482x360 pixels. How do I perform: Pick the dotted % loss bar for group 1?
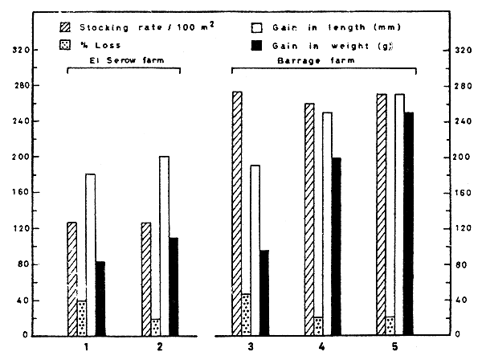[81, 318]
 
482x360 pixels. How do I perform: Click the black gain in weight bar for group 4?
[335, 246]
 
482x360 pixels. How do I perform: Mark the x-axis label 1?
[86, 347]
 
